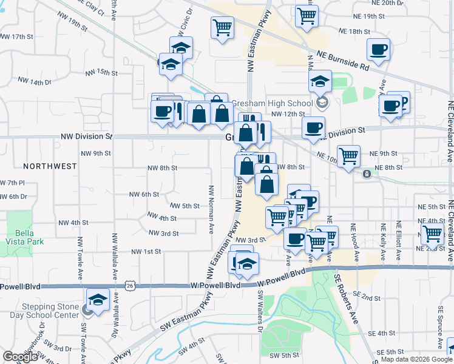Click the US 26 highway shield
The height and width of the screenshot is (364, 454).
(x=129, y=285)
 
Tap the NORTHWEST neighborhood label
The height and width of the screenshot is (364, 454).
(x=50, y=166)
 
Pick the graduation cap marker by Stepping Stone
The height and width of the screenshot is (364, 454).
(x=97, y=299)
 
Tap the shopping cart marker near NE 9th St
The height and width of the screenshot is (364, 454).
(x=349, y=157)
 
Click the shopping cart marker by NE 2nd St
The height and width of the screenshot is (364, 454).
(x=433, y=234)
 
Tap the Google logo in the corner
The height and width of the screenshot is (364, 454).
(x=19, y=357)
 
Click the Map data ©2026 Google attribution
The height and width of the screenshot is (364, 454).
(x=416, y=359)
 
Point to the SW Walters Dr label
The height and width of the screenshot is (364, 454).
(x=260, y=311)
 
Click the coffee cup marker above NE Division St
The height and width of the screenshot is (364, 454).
(x=313, y=127)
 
